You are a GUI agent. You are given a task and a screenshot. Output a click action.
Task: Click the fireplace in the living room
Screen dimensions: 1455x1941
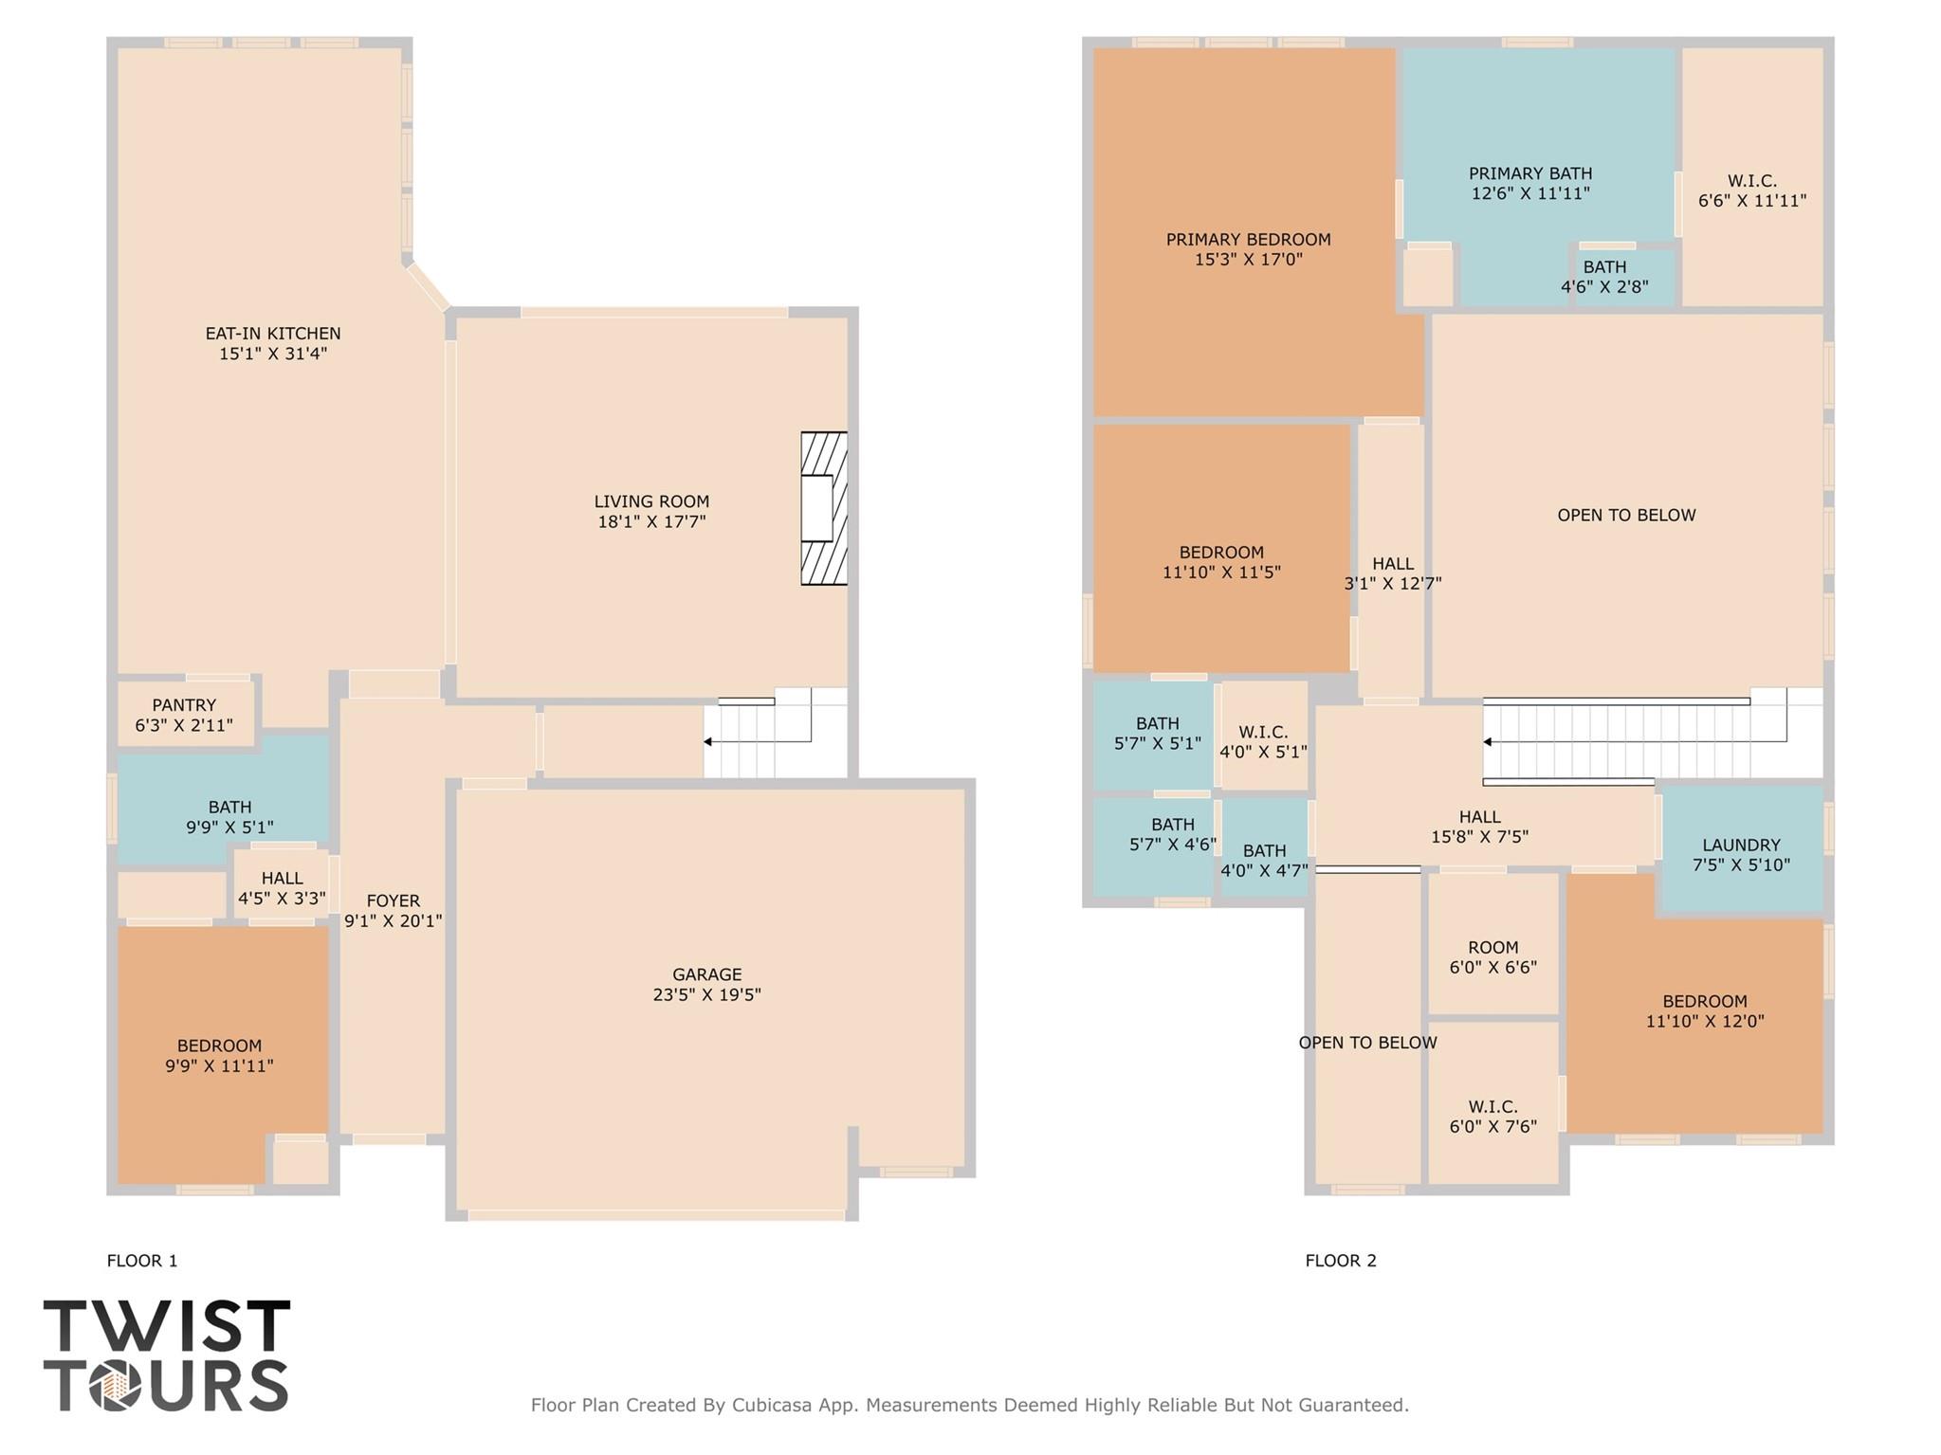[822, 508]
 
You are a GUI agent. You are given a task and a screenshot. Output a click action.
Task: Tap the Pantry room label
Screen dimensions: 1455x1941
[184, 705]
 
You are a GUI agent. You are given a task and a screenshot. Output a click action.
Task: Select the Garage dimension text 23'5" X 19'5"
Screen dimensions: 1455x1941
[706, 994]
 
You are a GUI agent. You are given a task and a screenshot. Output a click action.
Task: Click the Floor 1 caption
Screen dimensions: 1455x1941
[142, 1261]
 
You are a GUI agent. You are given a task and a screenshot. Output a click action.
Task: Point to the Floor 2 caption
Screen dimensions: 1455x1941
[1340, 1261]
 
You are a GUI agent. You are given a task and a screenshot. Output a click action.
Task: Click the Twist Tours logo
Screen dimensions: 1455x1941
[166, 1355]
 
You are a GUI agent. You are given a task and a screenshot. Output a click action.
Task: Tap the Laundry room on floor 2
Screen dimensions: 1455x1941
[1741, 853]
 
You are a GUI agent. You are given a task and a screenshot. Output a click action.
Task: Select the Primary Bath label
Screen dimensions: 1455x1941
[1529, 173]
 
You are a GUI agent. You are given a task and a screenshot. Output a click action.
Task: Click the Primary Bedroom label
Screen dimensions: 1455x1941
[1248, 240]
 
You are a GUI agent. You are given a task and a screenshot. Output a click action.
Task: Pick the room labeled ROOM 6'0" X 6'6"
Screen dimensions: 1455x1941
[1492, 957]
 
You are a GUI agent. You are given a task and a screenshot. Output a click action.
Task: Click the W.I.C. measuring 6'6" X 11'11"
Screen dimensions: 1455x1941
[1751, 191]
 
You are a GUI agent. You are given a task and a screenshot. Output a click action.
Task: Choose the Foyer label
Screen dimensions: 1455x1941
[393, 900]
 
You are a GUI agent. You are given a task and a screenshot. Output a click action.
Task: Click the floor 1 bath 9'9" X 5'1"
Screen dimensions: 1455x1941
[229, 816]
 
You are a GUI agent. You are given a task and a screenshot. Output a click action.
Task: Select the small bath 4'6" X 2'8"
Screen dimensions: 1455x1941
[1604, 277]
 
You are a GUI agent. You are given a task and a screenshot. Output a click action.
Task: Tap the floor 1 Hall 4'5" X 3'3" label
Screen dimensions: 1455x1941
[282, 888]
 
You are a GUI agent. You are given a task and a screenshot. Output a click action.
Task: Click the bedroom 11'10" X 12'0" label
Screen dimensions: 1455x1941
[1704, 1011]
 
